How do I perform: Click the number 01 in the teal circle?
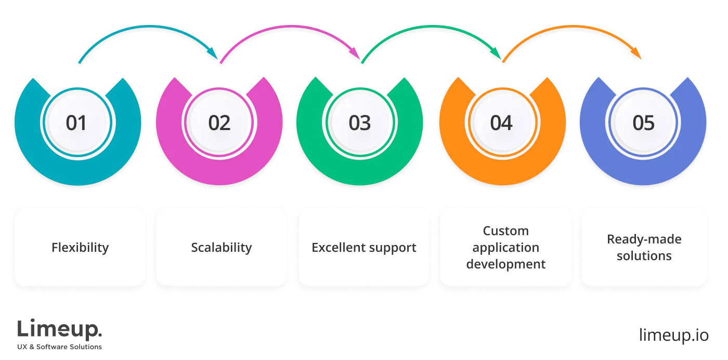[x=76, y=123]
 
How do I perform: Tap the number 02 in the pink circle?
[x=219, y=123]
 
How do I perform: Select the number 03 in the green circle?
[x=360, y=123]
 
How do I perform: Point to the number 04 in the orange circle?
[x=501, y=123]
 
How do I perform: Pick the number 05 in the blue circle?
[x=643, y=123]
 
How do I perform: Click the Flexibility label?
[x=80, y=247]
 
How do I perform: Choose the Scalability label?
[x=222, y=247]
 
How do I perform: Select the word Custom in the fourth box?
[x=505, y=230]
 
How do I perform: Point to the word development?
[x=505, y=264]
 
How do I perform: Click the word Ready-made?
[x=644, y=239]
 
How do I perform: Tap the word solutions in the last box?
[x=644, y=256]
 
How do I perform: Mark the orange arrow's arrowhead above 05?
[x=638, y=54]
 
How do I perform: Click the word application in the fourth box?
[x=505, y=247]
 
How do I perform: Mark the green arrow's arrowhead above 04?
[x=498, y=54]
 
